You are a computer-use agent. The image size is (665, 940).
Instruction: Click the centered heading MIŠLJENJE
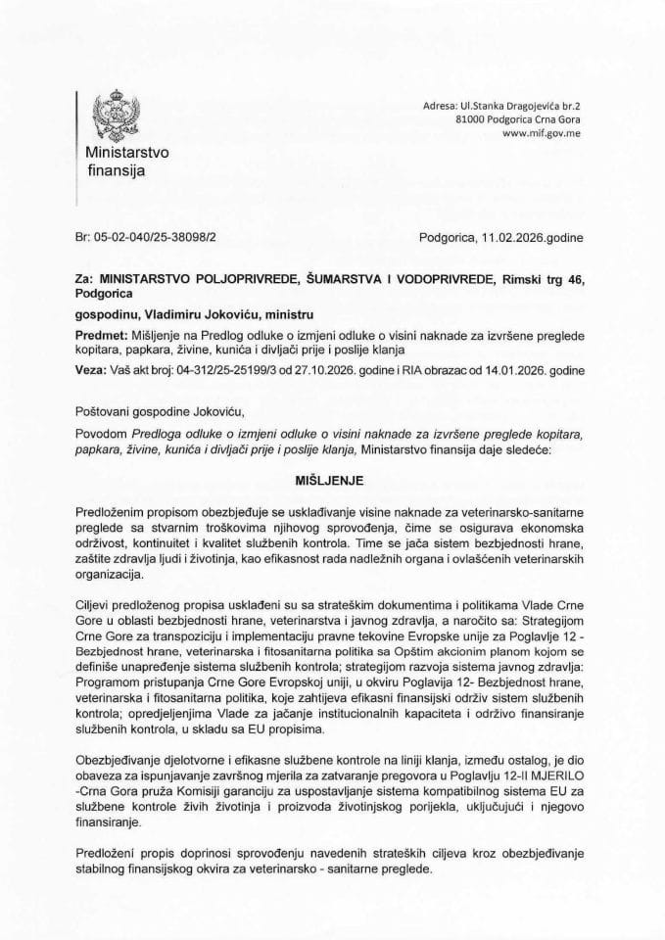pyautogui.click(x=332, y=483)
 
